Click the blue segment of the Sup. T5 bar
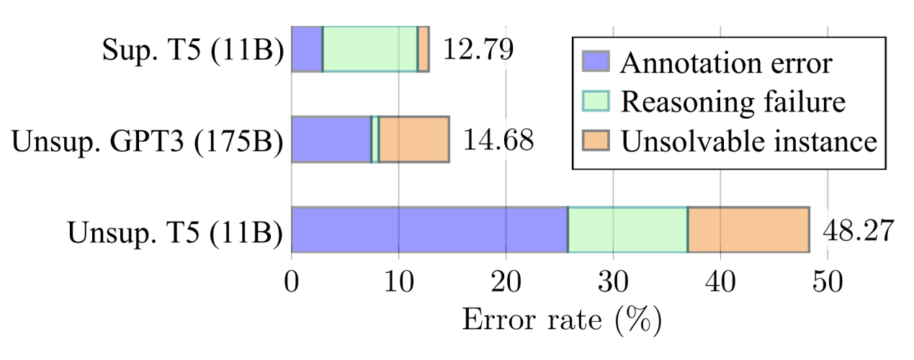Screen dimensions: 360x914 pos(307,49)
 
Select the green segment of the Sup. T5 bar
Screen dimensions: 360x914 pos(369,49)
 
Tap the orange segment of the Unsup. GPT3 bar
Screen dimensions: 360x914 pos(414,139)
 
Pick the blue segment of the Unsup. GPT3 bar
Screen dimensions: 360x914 pos(331,139)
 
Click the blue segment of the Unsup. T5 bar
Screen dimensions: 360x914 pos(429,230)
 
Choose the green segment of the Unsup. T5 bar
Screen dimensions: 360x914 pos(627,230)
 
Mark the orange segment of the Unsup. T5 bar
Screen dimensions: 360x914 pos(748,230)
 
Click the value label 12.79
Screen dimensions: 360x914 pos(478,50)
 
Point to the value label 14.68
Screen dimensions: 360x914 pos(498,140)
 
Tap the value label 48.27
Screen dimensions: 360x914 pos(858,230)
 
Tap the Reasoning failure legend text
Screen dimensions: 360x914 pos(733,102)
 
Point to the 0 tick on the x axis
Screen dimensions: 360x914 pos(292,282)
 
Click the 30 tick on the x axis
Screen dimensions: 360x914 pos(613,282)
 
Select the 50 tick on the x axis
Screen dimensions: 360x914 pos(827,282)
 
